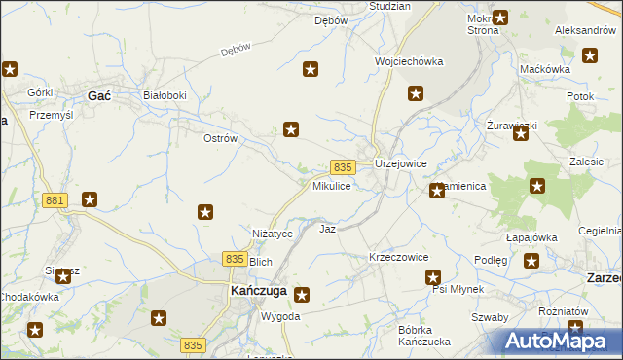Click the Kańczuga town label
tap(257, 291)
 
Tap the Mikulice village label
tap(331, 186)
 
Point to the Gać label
tap(98, 95)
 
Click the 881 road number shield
tap(55, 199)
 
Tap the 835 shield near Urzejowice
tap(342, 167)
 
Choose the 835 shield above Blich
tap(234, 258)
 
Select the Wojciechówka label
tap(409, 61)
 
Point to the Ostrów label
tap(220, 138)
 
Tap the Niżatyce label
tap(273, 234)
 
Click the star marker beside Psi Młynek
tap(434, 277)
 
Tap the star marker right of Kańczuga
tap(302, 294)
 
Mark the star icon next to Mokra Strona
tap(500, 17)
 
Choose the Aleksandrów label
tap(587, 30)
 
